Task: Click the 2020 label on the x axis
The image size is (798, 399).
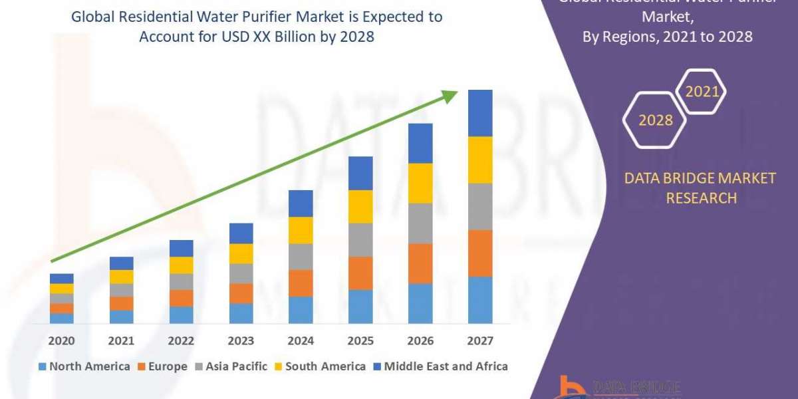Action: click(61, 341)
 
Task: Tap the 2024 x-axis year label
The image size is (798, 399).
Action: click(301, 341)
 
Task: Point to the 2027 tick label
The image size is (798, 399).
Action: click(480, 341)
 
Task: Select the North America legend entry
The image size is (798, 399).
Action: click(84, 366)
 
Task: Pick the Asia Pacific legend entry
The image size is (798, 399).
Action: click(231, 366)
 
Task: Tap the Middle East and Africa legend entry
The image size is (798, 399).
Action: click(440, 366)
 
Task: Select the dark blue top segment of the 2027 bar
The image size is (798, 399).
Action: click(480, 113)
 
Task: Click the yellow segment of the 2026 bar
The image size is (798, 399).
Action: click(420, 183)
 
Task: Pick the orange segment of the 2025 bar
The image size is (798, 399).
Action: click(360, 273)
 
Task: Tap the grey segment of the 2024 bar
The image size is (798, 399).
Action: click(301, 257)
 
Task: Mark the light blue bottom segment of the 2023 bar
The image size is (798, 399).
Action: click(241, 313)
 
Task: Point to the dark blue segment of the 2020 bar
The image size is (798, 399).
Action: click(61, 279)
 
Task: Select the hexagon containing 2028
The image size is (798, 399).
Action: click(655, 120)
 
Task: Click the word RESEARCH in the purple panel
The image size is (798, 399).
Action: click(701, 198)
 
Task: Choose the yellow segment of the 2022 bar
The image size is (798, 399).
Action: click(181, 265)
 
